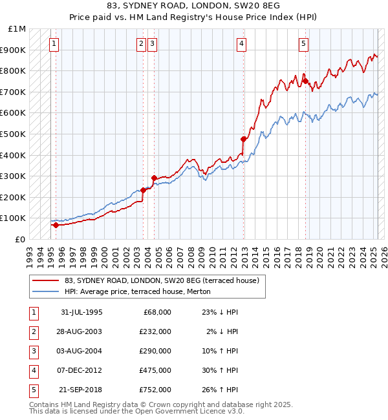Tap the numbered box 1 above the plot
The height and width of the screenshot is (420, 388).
[53, 44]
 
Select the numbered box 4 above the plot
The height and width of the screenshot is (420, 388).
[241, 44]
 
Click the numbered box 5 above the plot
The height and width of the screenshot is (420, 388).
[303, 44]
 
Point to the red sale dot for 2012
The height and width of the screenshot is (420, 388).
[244, 139]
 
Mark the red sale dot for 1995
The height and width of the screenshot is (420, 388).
[56, 225]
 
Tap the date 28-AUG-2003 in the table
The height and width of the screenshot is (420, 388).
[81, 331]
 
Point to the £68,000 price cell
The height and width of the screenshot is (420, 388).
[155, 311]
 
